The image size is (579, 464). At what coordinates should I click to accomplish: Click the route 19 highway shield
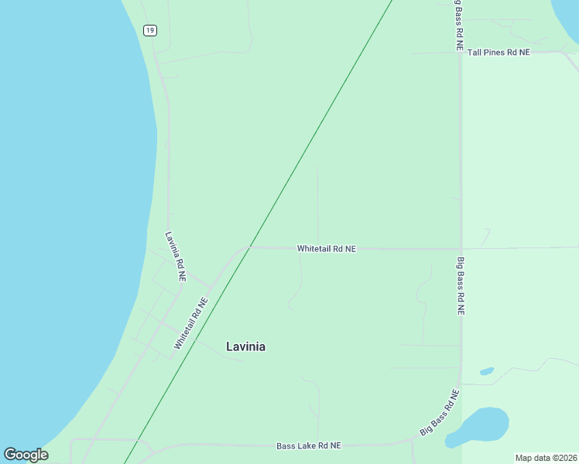(x=150, y=30)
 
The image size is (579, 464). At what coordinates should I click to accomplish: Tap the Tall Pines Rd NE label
(x=496, y=53)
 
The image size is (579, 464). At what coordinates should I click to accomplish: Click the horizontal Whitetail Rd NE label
(x=326, y=249)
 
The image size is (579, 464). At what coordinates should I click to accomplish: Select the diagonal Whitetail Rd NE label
(x=191, y=324)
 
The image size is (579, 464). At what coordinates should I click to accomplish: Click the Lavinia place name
(x=245, y=346)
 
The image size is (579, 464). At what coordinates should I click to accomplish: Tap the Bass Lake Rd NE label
(x=309, y=446)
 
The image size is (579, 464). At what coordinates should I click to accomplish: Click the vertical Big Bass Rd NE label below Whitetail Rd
(x=461, y=286)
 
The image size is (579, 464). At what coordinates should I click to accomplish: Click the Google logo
(x=26, y=455)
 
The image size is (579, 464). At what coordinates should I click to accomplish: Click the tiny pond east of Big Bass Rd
(x=487, y=371)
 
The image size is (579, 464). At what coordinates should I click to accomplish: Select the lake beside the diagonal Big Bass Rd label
(x=480, y=425)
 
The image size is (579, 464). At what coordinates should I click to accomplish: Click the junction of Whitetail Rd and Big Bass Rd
(x=461, y=249)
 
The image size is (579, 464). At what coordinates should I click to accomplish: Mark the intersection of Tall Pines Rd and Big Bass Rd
(x=461, y=53)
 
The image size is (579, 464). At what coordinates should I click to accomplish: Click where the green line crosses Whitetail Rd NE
(x=248, y=248)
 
